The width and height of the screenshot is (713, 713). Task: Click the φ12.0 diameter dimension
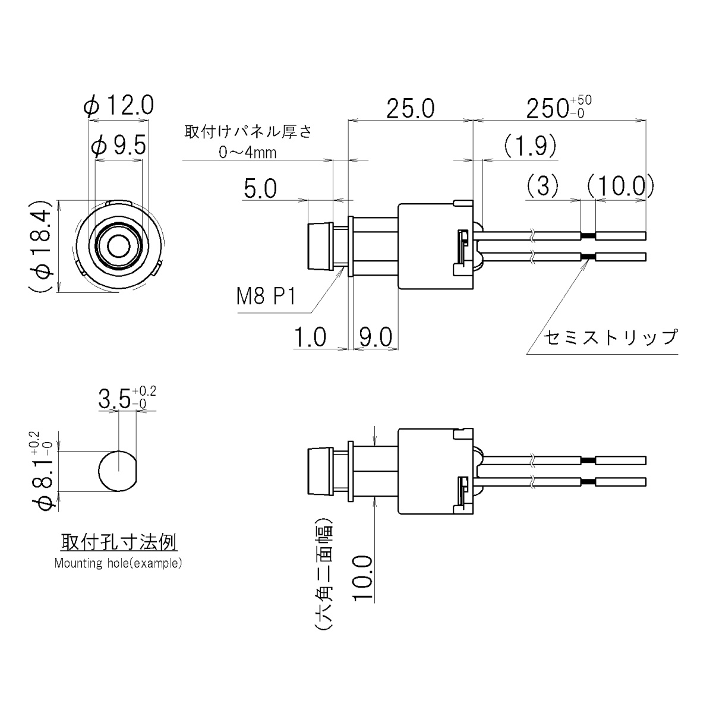[x=119, y=106]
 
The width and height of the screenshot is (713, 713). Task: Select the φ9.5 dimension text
[x=119, y=146]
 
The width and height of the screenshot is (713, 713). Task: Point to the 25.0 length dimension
[x=410, y=109]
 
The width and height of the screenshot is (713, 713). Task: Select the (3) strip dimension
[x=542, y=187]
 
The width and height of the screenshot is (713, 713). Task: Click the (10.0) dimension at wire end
[x=620, y=187]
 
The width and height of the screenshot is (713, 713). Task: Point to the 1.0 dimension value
[x=310, y=337]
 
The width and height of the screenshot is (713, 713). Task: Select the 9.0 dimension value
[x=375, y=337]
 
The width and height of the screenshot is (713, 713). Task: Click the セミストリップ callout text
[x=610, y=337]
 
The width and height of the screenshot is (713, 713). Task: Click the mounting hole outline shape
[x=117, y=470]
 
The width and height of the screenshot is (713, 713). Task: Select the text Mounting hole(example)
[x=118, y=563]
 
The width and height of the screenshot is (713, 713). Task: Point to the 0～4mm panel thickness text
[x=248, y=153]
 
